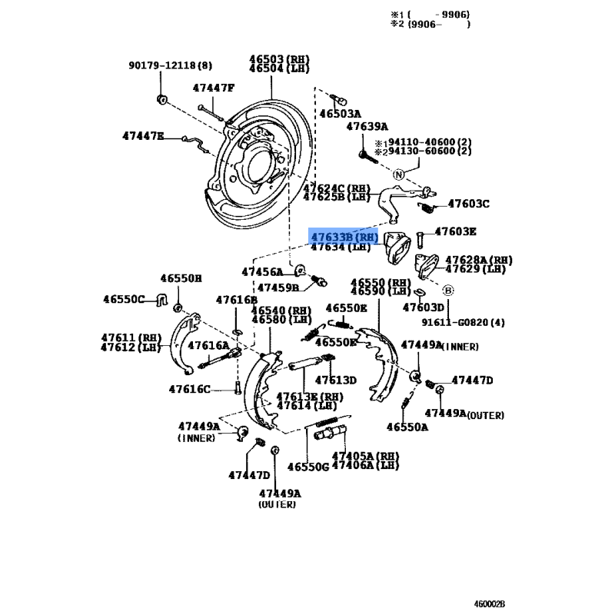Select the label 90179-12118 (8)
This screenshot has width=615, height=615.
pyautogui.click(x=170, y=67)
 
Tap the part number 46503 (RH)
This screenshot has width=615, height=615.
pyautogui.click(x=278, y=59)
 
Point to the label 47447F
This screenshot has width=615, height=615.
pyautogui.click(x=213, y=88)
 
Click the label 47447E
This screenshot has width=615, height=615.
pyautogui.click(x=143, y=136)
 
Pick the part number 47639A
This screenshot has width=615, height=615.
pyautogui.click(x=367, y=127)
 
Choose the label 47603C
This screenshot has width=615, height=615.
pyautogui.click(x=468, y=204)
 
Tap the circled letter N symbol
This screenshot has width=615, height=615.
pyautogui.click(x=398, y=175)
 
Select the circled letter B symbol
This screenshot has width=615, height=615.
pyautogui.click(x=448, y=291)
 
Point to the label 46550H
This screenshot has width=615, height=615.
pyautogui.click(x=181, y=278)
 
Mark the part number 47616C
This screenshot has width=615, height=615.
pyautogui.click(x=190, y=389)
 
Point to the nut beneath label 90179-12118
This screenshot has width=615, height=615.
pyautogui.click(x=161, y=99)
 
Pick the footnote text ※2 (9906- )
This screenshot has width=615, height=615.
pyautogui.click(x=430, y=24)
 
